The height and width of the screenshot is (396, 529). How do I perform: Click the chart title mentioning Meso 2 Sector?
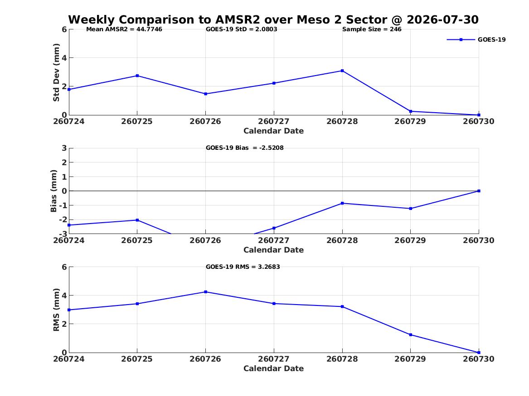pyautogui.click(x=273, y=19)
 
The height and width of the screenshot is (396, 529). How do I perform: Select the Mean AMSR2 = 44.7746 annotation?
pyautogui.click(x=124, y=29)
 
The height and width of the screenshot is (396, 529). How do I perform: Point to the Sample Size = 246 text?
pyautogui.click(x=372, y=29)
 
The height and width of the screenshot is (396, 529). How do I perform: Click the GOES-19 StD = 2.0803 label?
pyautogui.click(x=242, y=29)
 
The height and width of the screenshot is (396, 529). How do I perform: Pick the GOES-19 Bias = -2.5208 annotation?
pyautogui.click(x=245, y=148)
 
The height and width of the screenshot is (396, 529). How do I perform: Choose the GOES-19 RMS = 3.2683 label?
pyautogui.click(x=243, y=267)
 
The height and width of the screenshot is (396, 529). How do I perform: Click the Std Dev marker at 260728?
pyautogui.click(x=342, y=71)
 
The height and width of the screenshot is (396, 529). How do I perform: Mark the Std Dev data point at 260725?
pyautogui.click(x=137, y=76)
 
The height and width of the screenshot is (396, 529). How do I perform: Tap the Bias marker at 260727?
pyautogui.click(x=274, y=228)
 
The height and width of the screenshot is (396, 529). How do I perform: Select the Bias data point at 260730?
pyautogui.click(x=479, y=191)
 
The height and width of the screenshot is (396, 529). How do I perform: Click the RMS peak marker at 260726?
pyautogui.click(x=205, y=292)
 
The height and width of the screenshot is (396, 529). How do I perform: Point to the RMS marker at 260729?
pyautogui.click(x=411, y=335)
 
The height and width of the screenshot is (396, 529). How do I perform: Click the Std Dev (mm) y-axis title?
pyautogui.click(x=56, y=72)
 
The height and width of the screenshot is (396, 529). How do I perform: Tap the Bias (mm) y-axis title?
pyautogui.click(x=53, y=191)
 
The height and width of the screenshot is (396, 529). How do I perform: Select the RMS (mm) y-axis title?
pyautogui.click(x=56, y=310)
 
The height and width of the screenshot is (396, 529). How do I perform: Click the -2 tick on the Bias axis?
pyautogui.click(x=63, y=219)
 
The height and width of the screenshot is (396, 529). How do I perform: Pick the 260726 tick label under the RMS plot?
pyautogui.click(x=205, y=359)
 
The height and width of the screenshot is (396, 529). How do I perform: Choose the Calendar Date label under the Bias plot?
pyautogui.click(x=274, y=250)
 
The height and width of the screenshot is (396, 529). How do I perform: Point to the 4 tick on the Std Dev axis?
pyautogui.click(x=64, y=58)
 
